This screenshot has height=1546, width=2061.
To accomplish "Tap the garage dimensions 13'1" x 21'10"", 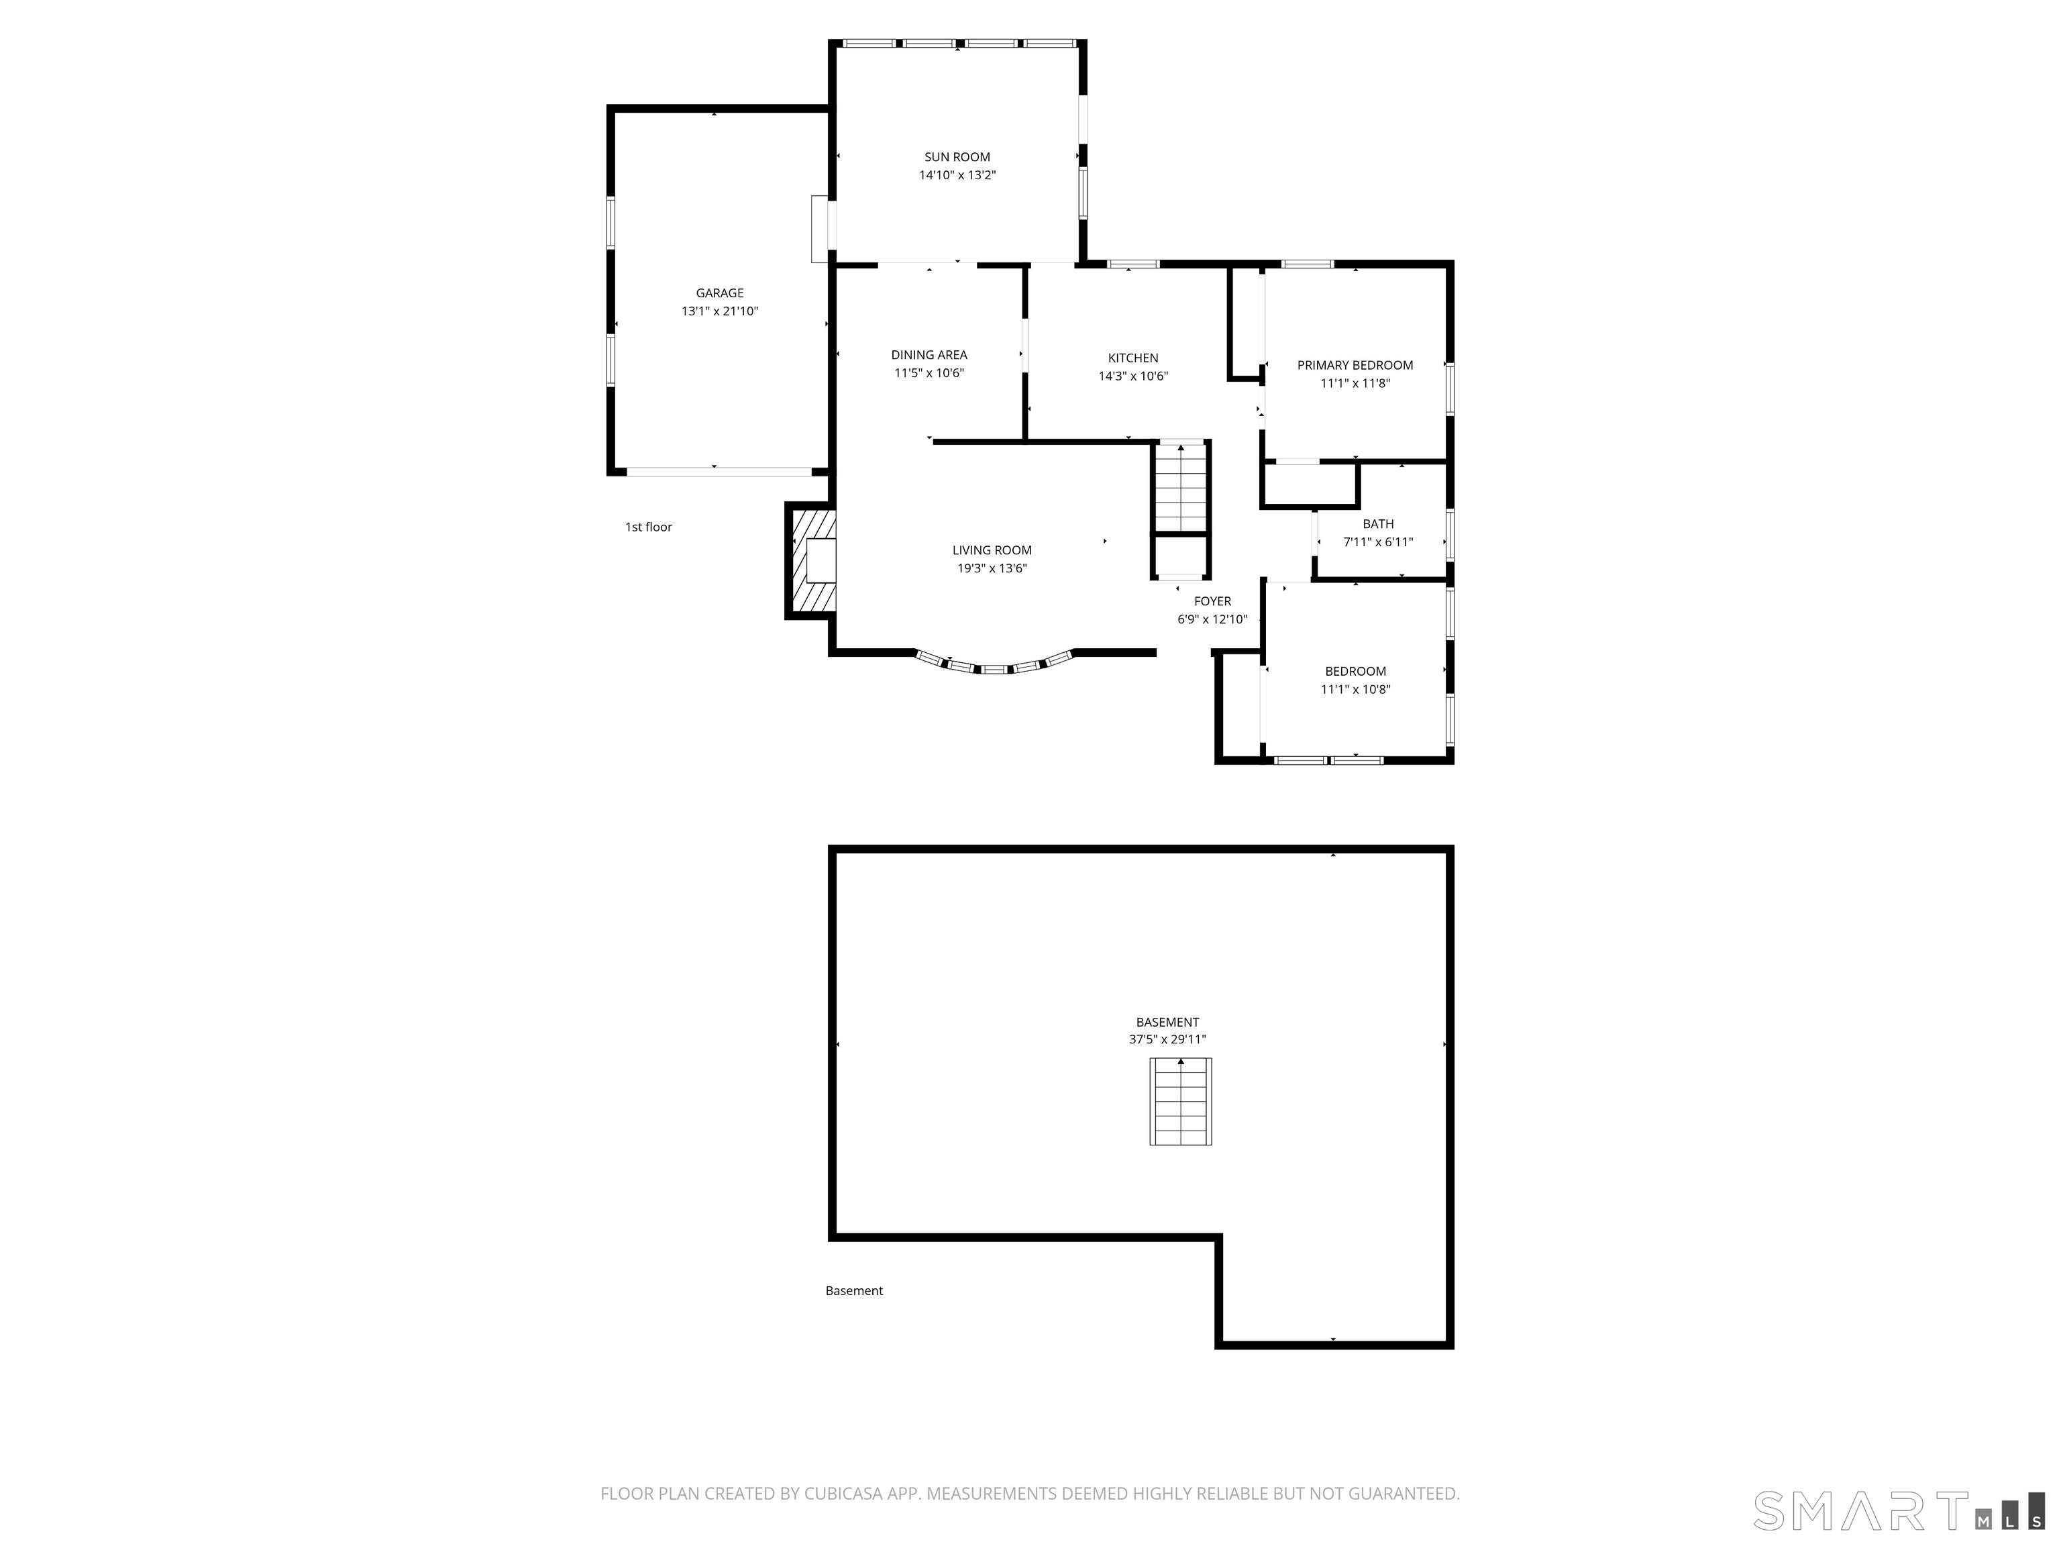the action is click(719, 311).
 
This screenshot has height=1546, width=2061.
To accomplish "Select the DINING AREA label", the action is click(929, 355).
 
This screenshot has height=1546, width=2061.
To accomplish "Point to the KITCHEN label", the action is click(1133, 358).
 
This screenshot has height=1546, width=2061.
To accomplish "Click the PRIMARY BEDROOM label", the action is click(1355, 365).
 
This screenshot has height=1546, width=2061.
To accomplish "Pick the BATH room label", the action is click(1378, 523).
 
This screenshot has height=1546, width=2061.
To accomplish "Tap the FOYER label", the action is click(1212, 601).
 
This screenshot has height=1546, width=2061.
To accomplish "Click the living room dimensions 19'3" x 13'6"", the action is click(992, 568).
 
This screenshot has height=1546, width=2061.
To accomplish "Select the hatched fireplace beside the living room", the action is click(810, 560).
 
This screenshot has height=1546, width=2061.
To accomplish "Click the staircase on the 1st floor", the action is click(1181, 487).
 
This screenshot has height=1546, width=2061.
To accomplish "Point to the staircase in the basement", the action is click(1181, 1102).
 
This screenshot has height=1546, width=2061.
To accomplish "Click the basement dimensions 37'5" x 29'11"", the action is click(1167, 1039).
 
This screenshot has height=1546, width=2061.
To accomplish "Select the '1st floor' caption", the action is click(649, 527).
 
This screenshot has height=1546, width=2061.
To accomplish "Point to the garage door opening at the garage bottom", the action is click(719, 472).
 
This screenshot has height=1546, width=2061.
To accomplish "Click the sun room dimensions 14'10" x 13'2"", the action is click(957, 175).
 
